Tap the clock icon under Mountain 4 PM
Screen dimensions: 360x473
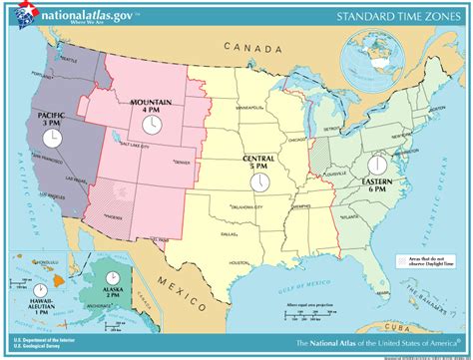[151, 124]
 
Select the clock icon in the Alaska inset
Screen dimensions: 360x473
[115, 275]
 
